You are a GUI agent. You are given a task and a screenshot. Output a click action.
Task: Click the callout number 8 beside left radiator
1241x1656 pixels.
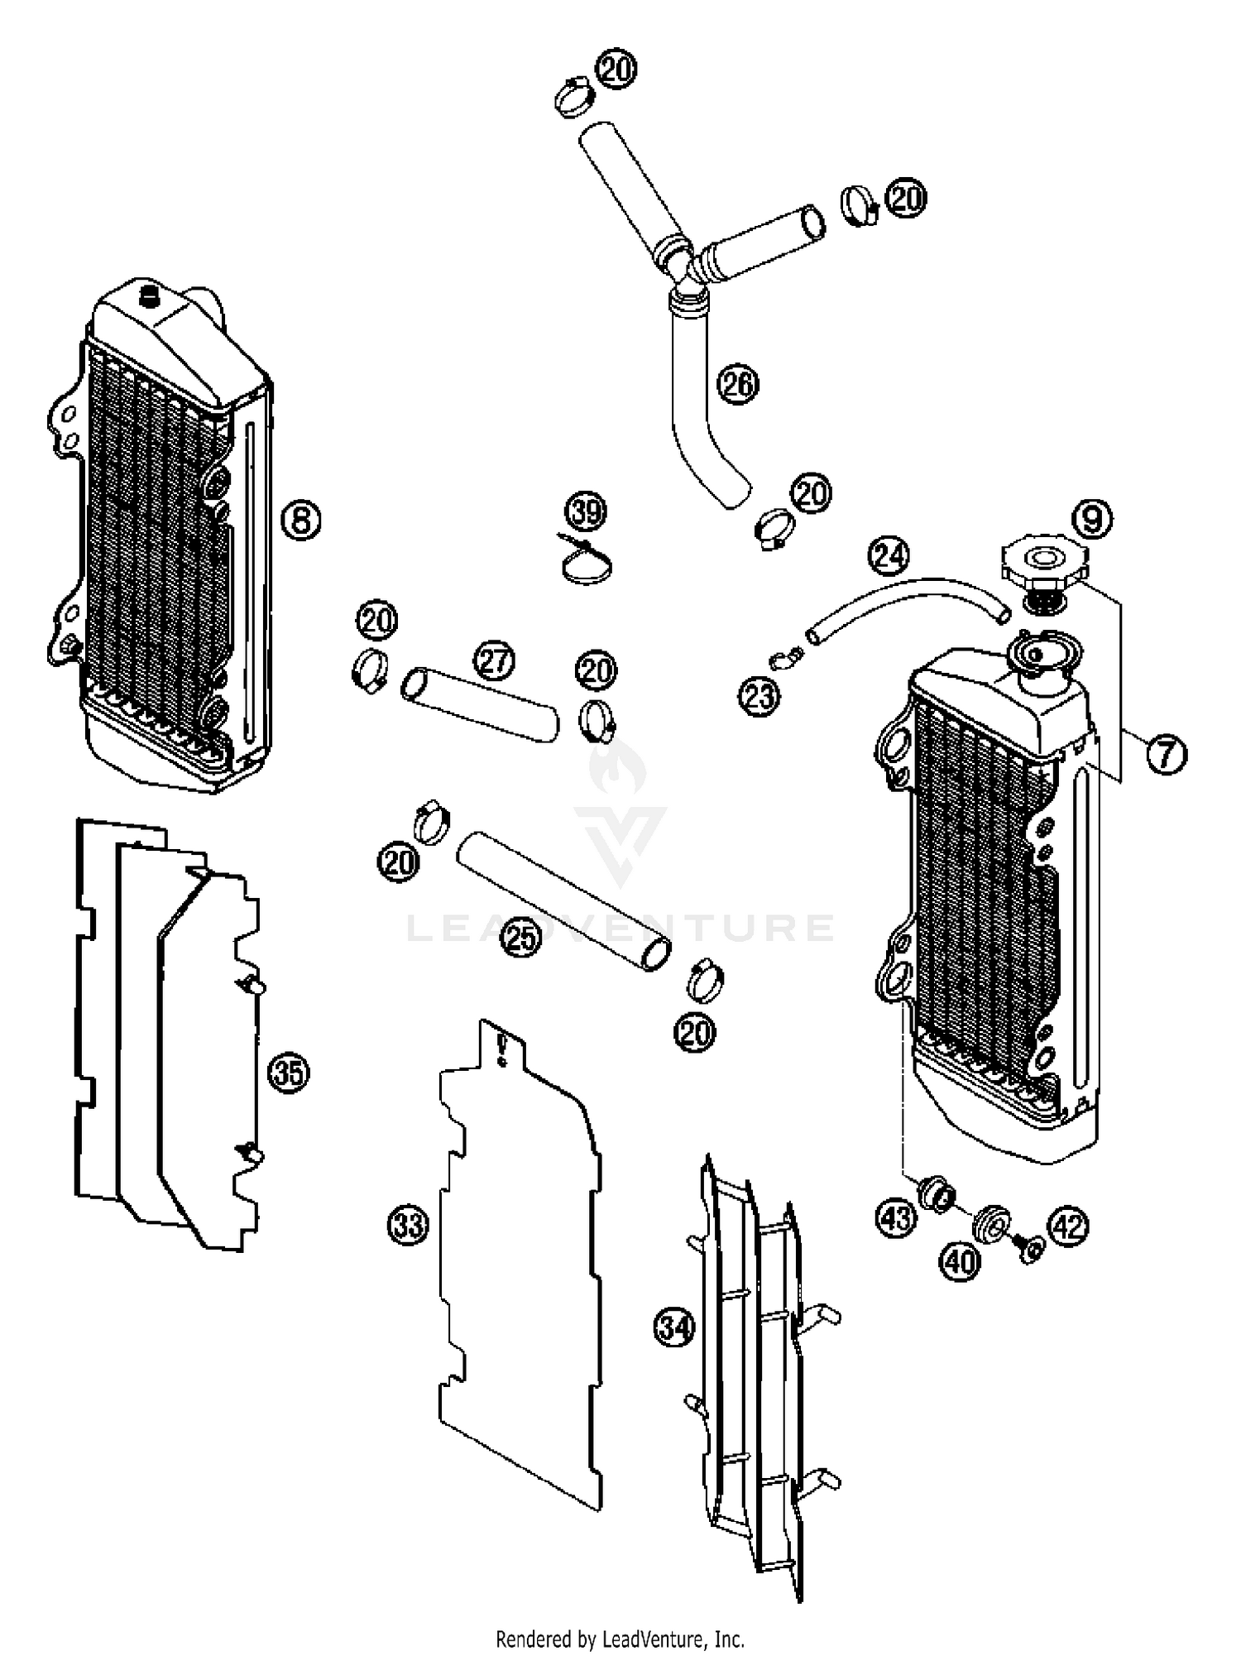(x=301, y=521)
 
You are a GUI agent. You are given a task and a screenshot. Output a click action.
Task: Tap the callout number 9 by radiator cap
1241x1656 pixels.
(x=1092, y=520)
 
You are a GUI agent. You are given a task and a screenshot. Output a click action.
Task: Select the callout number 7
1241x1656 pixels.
(x=1166, y=754)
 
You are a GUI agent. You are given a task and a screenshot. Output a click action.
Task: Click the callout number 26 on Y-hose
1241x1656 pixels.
(x=738, y=384)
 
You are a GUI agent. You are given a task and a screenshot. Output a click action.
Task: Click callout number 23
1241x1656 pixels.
(x=759, y=697)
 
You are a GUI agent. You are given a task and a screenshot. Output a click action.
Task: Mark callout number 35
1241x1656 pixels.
(x=288, y=1073)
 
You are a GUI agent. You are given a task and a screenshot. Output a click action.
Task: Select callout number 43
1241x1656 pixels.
(x=897, y=1217)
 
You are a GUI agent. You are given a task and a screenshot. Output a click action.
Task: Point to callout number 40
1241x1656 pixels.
(x=960, y=1261)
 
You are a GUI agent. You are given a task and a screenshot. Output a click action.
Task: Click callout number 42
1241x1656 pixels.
(x=1070, y=1226)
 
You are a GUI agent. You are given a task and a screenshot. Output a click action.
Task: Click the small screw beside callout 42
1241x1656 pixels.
(x=1030, y=1250)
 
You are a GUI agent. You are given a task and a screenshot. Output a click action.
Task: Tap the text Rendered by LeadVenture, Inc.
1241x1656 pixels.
(x=620, y=1638)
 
